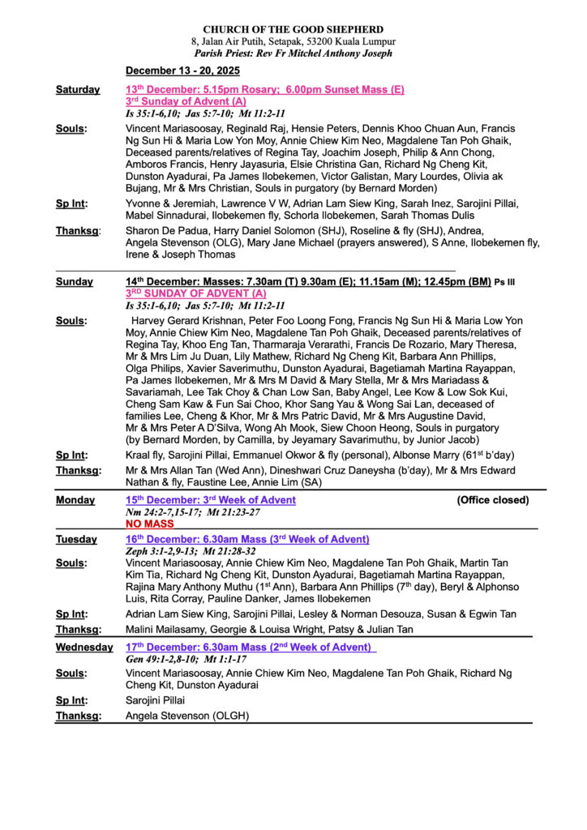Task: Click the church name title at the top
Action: (293, 29)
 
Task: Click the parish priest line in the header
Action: (293, 53)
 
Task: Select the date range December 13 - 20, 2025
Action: (182, 71)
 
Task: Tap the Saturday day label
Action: (78, 90)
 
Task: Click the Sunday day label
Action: (75, 282)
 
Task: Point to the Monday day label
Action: (75, 500)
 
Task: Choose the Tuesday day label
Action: (76, 540)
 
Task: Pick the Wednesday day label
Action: (84, 648)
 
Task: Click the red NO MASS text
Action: (151, 524)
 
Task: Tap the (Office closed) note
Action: (492, 500)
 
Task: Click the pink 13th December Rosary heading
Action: (264, 90)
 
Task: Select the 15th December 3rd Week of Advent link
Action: (210, 500)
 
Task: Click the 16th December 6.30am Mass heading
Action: (247, 540)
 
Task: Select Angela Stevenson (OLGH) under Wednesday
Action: (187, 716)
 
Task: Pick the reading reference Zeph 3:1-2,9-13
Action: (167, 551)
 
